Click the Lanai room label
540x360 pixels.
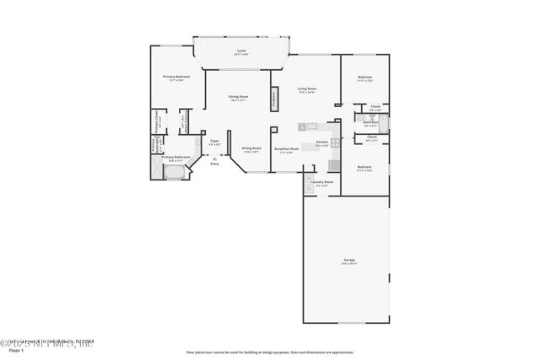(x=241, y=51)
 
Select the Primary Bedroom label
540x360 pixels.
(x=176, y=77)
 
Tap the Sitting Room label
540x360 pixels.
(x=238, y=97)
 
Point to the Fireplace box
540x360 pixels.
(x=273, y=96)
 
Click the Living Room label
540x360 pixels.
(x=306, y=89)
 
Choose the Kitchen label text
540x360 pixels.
(x=321, y=142)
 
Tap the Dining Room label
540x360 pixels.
(x=251, y=148)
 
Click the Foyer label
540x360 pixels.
(x=214, y=141)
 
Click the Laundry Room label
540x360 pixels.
(x=321, y=182)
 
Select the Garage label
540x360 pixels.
(x=348, y=260)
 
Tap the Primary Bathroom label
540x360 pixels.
(x=174, y=158)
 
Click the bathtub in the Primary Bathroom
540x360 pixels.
(x=175, y=174)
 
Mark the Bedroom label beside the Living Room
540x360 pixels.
(x=364, y=78)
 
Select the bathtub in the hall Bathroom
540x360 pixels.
(x=384, y=126)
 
